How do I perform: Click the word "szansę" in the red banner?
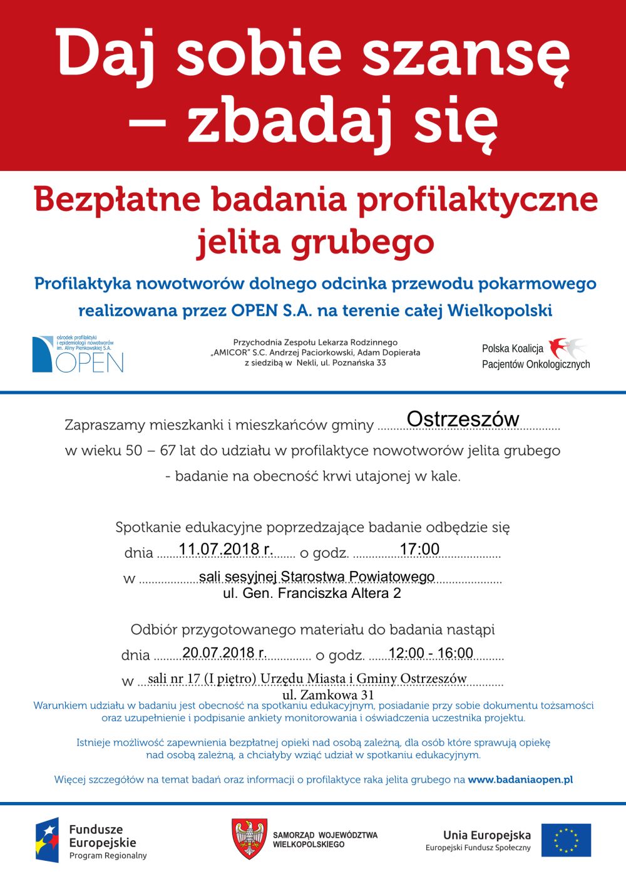coord(466,53)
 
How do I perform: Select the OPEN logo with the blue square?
coord(78,354)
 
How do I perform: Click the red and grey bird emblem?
coord(567,348)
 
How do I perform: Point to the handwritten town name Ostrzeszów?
coord(463,419)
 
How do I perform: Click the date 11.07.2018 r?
coord(225,549)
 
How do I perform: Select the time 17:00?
coord(419,549)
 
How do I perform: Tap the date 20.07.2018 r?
coord(224,652)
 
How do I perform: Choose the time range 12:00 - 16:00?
coord(431,653)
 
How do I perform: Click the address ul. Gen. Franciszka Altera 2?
coord(312,593)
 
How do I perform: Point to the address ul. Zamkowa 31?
coord(328,695)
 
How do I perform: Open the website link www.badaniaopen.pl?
coord(520,779)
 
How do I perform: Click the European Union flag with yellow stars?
coord(566,840)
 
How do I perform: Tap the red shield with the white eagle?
coord(249,838)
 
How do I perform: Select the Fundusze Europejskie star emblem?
coord(47,840)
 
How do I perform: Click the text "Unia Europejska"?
coord(486,835)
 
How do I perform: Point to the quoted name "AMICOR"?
coord(230,352)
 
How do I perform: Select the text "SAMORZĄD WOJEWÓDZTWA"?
coord(325,835)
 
